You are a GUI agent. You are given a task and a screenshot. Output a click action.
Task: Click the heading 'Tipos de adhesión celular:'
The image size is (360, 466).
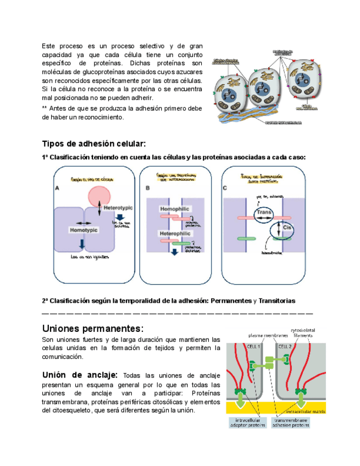click(x=94, y=144)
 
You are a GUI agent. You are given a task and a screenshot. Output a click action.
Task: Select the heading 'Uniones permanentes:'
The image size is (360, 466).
click(x=92, y=329)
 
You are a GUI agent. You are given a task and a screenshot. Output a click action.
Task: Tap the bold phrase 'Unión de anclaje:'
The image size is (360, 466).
click(x=80, y=375)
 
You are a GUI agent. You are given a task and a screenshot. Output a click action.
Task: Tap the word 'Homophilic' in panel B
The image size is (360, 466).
click(x=175, y=210)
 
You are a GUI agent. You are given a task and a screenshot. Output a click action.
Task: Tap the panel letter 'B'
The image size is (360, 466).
click(x=148, y=188)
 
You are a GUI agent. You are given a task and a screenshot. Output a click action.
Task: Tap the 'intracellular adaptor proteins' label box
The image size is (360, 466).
click(x=248, y=422)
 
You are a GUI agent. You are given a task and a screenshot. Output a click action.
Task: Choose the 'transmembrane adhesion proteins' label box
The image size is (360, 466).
click(x=291, y=422)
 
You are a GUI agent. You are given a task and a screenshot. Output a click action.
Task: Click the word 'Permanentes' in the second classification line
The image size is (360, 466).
click(x=233, y=301)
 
